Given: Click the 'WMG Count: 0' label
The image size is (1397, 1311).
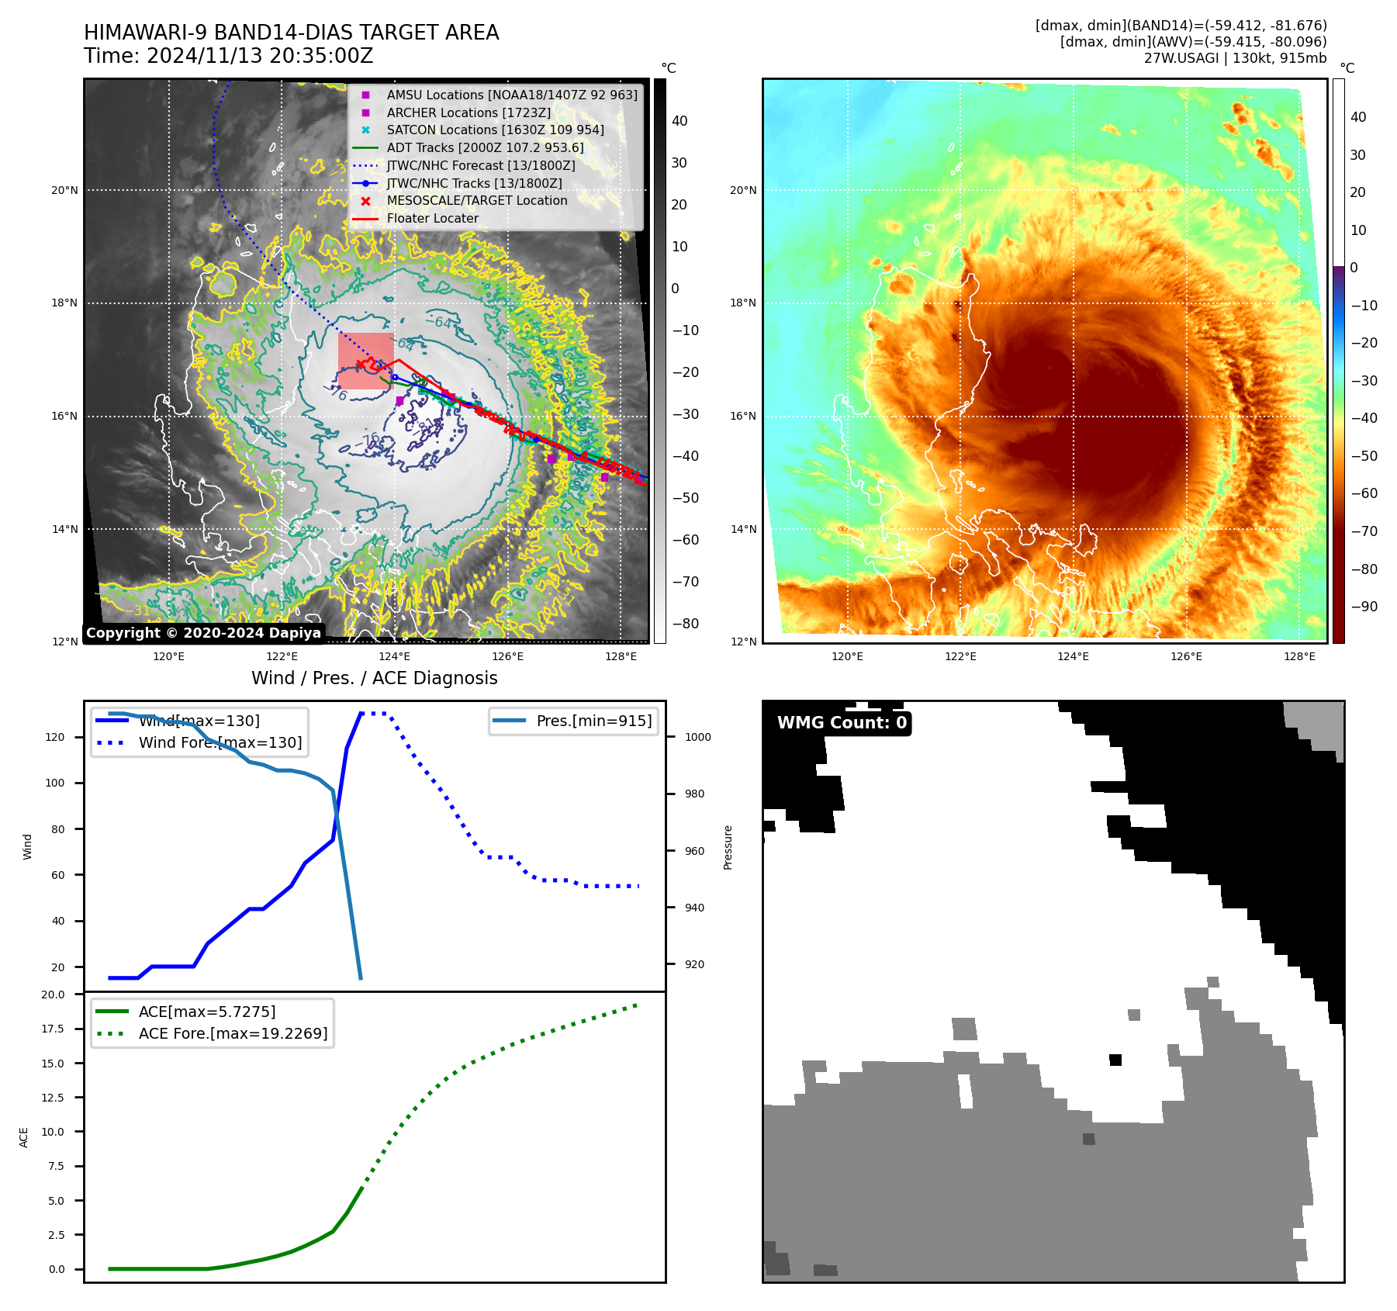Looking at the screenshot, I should tap(842, 723).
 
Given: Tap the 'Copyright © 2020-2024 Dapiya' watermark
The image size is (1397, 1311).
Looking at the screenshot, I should tap(203, 633).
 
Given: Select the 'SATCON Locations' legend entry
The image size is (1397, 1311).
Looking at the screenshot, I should tap(495, 130).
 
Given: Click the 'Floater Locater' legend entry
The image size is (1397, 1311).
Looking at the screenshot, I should tap(432, 219).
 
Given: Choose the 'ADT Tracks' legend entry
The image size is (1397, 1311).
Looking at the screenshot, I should tap(485, 148).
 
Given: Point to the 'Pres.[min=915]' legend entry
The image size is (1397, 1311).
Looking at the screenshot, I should tap(593, 721).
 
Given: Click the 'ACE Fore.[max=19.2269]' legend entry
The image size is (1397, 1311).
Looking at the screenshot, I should tap(233, 1034).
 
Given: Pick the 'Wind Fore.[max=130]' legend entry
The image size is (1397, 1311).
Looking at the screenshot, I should tap(220, 743).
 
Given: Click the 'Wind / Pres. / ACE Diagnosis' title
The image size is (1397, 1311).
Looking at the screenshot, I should tap(375, 679).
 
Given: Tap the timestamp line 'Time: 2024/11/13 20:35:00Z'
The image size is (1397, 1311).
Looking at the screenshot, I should tap(229, 57).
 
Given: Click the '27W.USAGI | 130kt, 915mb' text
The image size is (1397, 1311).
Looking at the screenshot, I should tap(1235, 58).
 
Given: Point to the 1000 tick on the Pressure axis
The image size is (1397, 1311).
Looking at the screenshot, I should tap(697, 738).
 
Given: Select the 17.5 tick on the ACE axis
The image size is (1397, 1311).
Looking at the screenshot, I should tap(53, 1029).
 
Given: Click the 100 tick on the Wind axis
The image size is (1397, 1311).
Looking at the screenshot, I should tap(55, 783).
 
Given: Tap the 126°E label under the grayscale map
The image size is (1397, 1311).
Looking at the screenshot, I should tap(507, 657).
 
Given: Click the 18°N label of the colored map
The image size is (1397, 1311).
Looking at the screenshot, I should tap(742, 303).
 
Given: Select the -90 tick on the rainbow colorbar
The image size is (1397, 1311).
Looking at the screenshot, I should tap(1364, 607).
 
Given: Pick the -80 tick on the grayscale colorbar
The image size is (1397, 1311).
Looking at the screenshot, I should tap(685, 624).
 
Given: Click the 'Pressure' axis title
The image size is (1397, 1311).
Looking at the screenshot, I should tap(728, 847).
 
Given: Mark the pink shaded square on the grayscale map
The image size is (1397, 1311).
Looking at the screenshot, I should tap(365, 361).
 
